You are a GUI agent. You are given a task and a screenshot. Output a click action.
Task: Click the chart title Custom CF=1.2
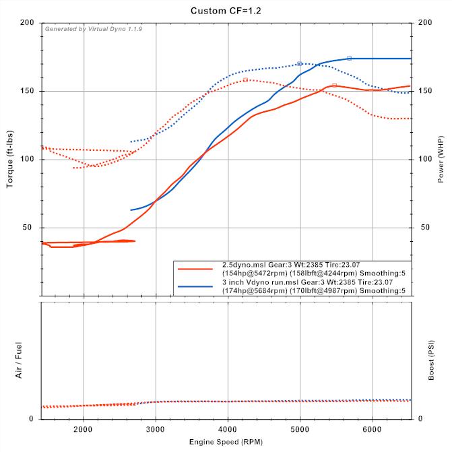click(x=226, y=10)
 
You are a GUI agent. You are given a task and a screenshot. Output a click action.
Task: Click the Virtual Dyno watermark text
click(x=94, y=29)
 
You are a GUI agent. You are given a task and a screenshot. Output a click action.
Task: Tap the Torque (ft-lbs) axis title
click(x=11, y=159)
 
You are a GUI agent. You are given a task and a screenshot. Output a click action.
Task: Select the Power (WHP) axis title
click(x=441, y=159)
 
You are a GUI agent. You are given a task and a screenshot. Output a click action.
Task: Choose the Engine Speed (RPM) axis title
click(x=226, y=443)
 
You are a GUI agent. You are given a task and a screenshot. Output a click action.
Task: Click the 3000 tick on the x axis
click(x=156, y=428)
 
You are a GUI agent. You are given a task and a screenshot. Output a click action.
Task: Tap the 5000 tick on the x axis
click(x=300, y=428)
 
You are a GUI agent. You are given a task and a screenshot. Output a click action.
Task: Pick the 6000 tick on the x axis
click(x=373, y=428)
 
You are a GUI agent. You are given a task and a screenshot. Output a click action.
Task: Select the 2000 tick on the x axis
click(x=84, y=428)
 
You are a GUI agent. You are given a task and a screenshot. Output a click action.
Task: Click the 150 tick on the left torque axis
click(x=28, y=91)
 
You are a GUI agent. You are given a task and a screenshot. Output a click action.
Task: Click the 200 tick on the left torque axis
click(x=28, y=23)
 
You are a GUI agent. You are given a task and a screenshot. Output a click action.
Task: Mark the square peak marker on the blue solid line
click(x=349, y=59)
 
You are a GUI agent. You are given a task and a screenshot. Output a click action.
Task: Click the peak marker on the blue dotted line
click(x=299, y=64)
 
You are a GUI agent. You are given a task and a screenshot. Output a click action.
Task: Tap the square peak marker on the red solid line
click(x=334, y=85)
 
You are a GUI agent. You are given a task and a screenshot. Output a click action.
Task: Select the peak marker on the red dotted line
click(x=245, y=79)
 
